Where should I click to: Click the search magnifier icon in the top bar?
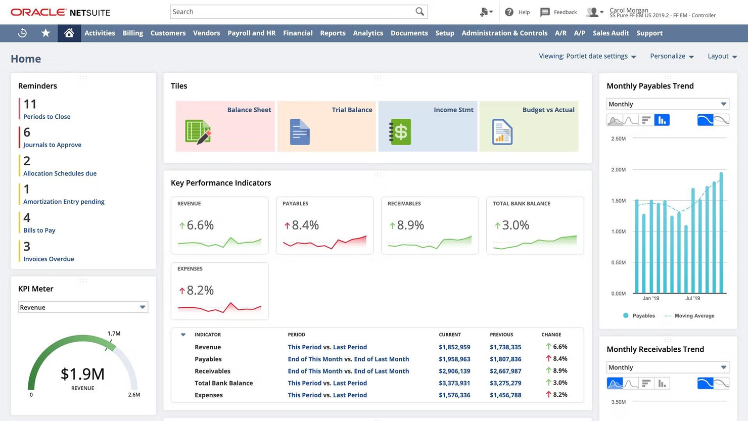click(x=419, y=12)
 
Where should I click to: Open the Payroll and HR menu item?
click(x=251, y=33)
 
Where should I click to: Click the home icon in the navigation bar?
click(x=69, y=33)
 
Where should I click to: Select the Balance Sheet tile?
click(x=225, y=126)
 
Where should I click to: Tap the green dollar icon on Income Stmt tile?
click(x=400, y=132)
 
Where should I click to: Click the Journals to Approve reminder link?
click(x=52, y=145)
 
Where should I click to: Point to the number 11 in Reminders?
click(x=30, y=104)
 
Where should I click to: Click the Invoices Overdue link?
click(x=49, y=259)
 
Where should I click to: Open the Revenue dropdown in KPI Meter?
click(x=83, y=307)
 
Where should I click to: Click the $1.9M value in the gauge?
click(x=82, y=374)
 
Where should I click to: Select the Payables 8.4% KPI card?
click(x=324, y=225)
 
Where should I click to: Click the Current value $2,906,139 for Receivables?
click(x=454, y=371)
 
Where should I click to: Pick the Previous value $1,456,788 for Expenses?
click(x=505, y=395)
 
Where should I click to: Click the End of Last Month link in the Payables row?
click(x=381, y=359)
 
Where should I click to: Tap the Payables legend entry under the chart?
click(x=643, y=316)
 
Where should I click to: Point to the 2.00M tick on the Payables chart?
click(x=618, y=170)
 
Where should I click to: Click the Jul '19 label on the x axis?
click(x=692, y=298)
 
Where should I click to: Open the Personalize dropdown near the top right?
click(x=672, y=56)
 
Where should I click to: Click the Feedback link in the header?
click(x=565, y=12)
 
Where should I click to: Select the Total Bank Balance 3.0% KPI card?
click(x=535, y=225)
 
